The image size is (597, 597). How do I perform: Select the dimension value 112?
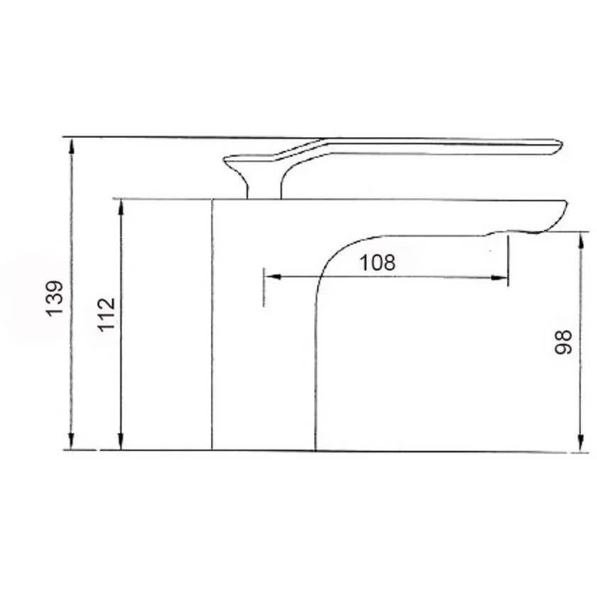click(x=106, y=315)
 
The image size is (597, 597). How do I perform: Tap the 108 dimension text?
click(x=377, y=262)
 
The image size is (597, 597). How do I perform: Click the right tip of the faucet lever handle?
click(x=560, y=146)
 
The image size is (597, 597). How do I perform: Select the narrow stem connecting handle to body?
click(x=263, y=186)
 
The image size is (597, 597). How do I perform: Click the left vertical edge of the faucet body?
click(x=213, y=327)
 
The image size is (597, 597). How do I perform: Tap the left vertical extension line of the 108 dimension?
click(x=264, y=288)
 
